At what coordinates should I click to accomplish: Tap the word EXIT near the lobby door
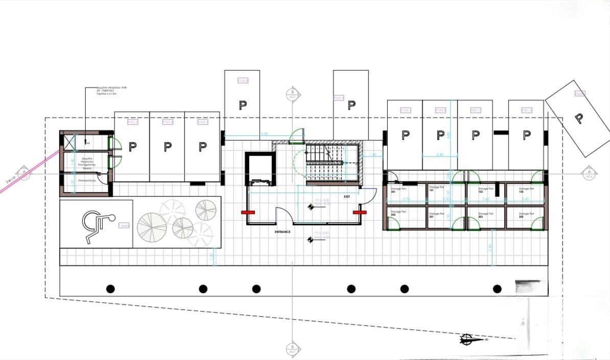tap(347, 196)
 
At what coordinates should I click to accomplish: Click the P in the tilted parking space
tap(578, 118)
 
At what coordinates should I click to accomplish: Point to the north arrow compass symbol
tap(473, 339)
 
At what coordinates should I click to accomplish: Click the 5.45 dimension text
tap(264, 134)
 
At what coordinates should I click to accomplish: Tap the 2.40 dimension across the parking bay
tap(440, 154)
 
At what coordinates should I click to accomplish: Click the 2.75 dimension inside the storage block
tap(407, 199)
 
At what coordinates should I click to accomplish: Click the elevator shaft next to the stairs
tap(260, 169)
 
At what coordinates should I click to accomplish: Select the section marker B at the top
tap(292, 94)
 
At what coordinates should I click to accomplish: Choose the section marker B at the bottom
tap(292, 349)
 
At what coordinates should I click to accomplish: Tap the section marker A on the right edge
tap(589, 173)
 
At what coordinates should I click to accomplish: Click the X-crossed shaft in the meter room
tap(68, 141)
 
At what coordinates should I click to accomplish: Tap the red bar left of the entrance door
tap(248, 211)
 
